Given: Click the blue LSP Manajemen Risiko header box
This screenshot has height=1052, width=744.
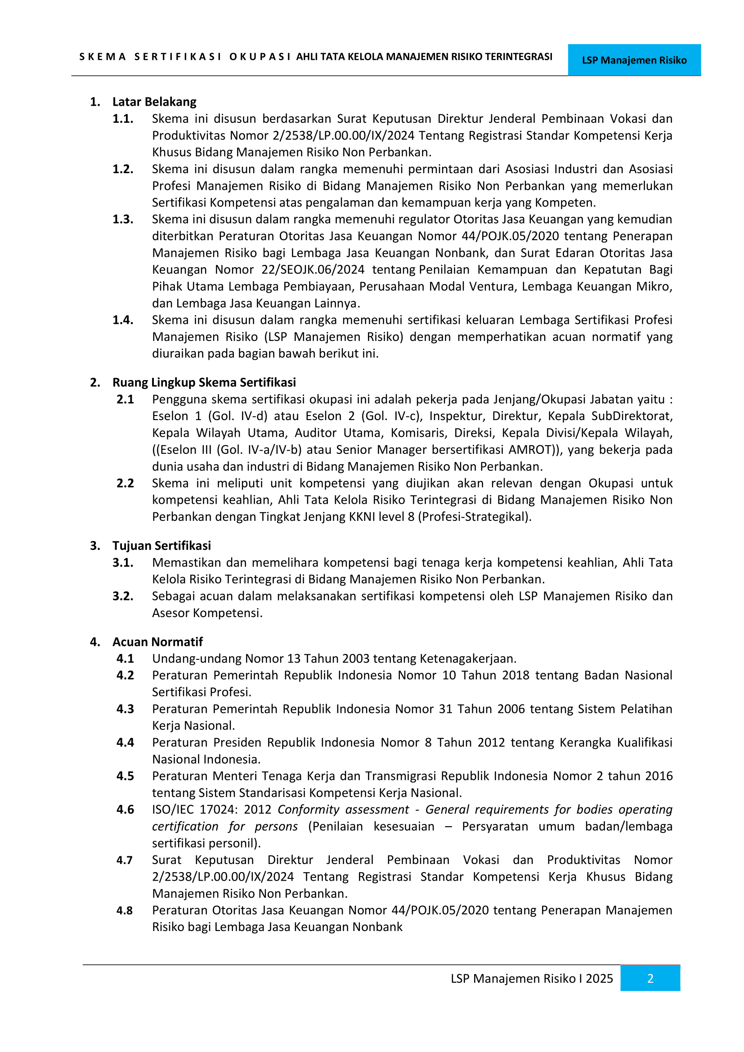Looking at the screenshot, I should click(x=634, y=60).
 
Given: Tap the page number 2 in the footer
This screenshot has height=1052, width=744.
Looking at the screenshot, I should click(x=650, y=978).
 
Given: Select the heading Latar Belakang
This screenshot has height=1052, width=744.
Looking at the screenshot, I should click(x=154, y=102).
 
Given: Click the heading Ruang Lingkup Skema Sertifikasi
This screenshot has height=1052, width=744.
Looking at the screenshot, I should click(x=204, y=382).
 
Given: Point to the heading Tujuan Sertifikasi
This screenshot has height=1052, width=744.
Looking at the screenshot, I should click(x=162, y=545).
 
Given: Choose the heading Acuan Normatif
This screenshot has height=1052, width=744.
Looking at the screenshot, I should click(x=157, y=641).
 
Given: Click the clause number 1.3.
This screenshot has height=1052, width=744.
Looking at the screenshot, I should click(x=123, y=219).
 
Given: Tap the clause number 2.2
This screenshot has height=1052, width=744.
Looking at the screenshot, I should click(x=125, y=483).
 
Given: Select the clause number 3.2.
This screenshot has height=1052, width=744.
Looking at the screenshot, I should click(x=123, y=596).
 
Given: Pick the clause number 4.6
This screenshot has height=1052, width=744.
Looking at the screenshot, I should click(x=125, y=809).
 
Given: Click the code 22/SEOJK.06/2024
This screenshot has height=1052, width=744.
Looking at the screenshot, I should click(x=313, y=269).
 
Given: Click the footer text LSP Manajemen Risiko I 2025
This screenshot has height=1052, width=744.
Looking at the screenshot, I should click(x=531, y=978).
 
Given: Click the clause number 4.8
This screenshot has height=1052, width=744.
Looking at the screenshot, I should click(x=124, y=910).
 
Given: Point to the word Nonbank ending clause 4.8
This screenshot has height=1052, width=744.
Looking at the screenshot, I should click(x=378, y=927).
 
